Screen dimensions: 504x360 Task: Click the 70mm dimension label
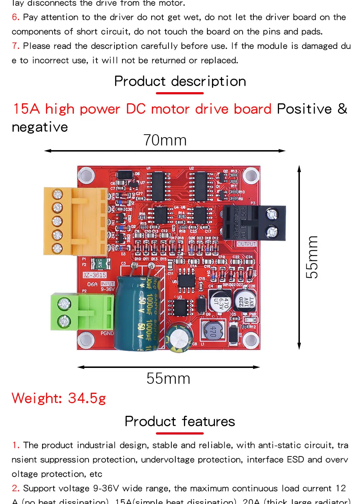pyautogui.click(x=165, y=140)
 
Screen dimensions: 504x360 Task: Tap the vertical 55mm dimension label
pyautogui.click(x=312, y=257)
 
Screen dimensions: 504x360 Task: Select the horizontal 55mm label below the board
pyautogui.click(x=168, y=378)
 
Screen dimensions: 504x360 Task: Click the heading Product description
pyautogui.click(x=180, y=81)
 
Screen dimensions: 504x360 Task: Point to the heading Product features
pyautogui.click(x=180, y=421)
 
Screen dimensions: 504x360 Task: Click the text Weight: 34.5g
pyautogui.click(x=59, y=398)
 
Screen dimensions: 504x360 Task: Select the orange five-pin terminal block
pyautogui.click(x=76, y=221)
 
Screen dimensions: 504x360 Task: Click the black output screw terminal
pyautogui.click(x=255, y=223)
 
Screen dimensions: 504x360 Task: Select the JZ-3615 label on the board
pyautogui.click(x=95, y=275)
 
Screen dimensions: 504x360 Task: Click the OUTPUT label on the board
pyautogui.click(x=247, y=244)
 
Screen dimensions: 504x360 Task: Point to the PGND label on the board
pyautogui.click(x=107, y=333)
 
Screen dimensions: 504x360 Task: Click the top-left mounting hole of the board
pyautogui.click(x=86, y=175)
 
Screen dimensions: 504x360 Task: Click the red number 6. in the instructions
pyautogui.click(x=15, y=17)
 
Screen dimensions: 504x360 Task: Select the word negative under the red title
pyautogui.click(x=40, y=127)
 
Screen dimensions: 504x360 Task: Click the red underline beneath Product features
pyautogui.click(x=180, y=433)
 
